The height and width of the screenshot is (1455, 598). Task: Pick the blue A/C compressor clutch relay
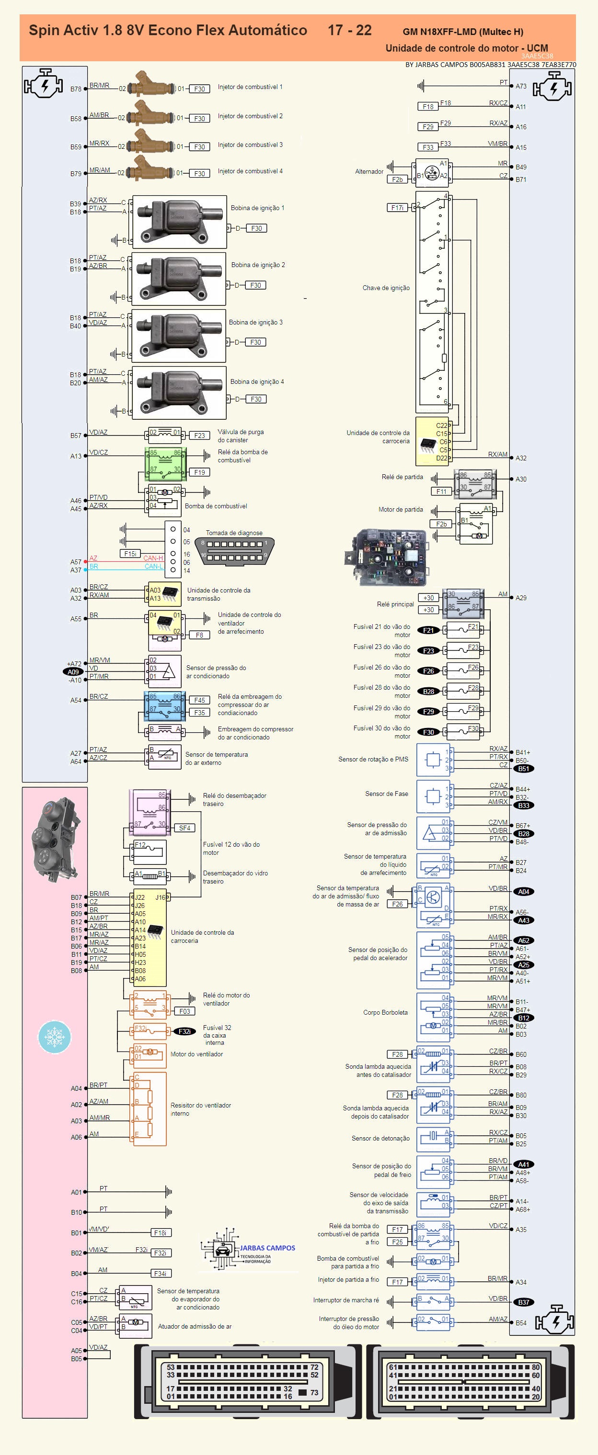coord(164,706)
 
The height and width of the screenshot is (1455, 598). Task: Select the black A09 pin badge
coord(73,672)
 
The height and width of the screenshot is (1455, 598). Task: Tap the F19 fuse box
coord(199,472)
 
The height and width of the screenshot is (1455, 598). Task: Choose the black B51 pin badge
coord(523,769)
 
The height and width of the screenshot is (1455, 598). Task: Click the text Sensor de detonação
coord(380,1138)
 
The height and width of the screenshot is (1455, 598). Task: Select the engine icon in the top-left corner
coord(44,84)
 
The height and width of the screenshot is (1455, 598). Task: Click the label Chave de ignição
coord(386,288)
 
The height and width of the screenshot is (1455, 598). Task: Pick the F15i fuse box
coord(130,554)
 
